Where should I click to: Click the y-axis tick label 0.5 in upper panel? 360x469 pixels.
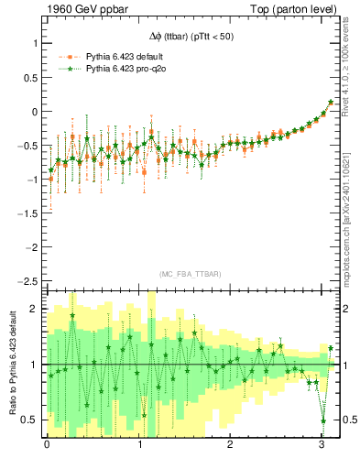(x=27, y=78)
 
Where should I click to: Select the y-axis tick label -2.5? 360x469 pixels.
(x=26, y=281)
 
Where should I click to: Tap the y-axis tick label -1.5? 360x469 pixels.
(x=26, y=213)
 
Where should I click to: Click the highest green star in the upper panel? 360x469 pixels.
(x=331, y=102)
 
